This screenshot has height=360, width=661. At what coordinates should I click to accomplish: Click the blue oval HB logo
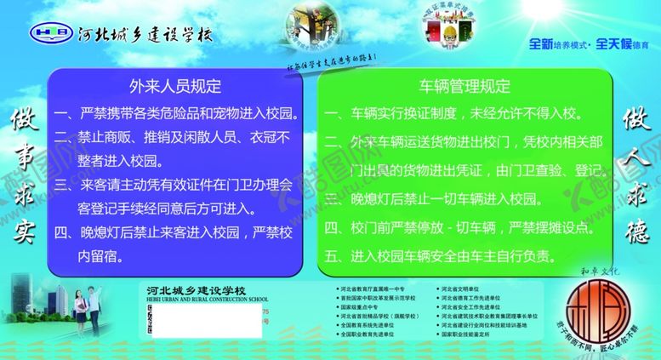point(51,34)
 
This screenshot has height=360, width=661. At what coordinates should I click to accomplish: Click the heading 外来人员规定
point(174,86)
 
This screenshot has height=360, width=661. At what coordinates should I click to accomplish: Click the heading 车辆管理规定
point(464,86)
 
